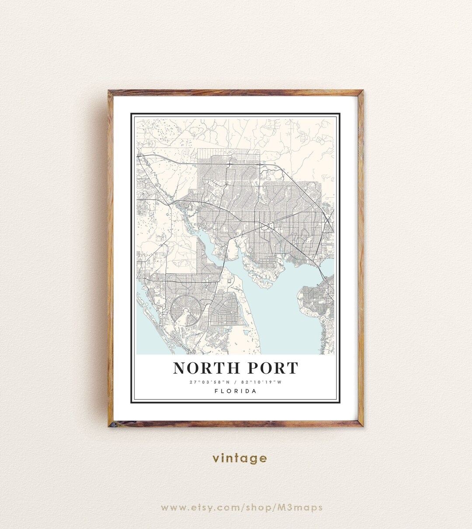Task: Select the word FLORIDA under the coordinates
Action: [236, 391]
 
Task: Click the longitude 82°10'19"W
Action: [261, 382]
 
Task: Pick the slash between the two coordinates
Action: [235, 382]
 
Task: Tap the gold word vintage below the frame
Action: [239, 458]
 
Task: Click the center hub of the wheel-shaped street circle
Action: [187, 310]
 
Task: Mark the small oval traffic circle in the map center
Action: [265, 226]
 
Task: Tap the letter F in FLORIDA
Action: [217, 391]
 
